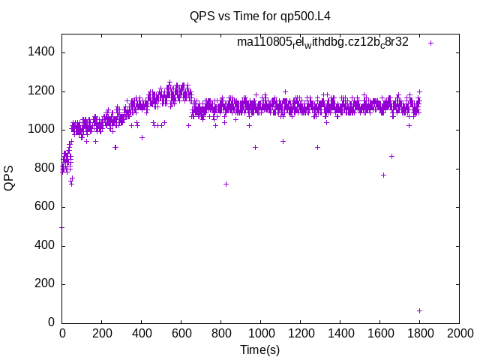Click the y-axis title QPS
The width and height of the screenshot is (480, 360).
[x=9, y=178]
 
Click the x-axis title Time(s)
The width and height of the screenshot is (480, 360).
[x=259, y=349]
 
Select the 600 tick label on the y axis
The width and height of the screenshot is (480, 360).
[x=43, y=207]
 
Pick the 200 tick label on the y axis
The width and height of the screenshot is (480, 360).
[x=43, y=284]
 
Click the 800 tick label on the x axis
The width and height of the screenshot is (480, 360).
[x=220, y=334]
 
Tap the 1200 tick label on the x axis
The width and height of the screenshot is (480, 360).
[x=300, y=334]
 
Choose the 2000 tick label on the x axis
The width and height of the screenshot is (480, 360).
[x=459, y=334]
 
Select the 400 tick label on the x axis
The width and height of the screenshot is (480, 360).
[x=141, y=334]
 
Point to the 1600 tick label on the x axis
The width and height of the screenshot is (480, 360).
[x=379, y=334]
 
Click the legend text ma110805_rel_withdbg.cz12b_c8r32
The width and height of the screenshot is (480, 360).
[x=322, y=43]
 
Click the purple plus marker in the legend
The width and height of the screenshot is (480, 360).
[x=430, y=43]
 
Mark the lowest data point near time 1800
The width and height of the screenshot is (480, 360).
[x=419, y=310]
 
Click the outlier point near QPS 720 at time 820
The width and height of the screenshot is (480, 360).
[x=226, y=184]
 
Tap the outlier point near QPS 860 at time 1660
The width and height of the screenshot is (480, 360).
[x=391, y=156]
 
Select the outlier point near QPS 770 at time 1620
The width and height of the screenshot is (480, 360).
[x=383, y=175]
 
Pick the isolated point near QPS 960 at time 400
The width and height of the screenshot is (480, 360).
[x=142, y=137]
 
